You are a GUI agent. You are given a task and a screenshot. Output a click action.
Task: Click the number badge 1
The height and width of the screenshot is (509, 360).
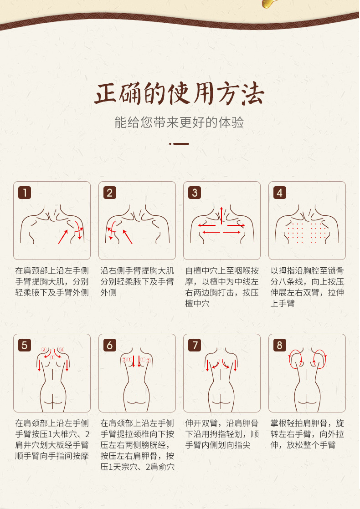[x=24, y=193]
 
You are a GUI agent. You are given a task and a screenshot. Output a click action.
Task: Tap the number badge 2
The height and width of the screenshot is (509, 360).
[x=109, y=193]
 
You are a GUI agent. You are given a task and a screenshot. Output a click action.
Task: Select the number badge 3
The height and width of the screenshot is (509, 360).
[x=195, y=193]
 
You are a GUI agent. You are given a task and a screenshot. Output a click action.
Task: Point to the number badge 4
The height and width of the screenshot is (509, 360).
[x=280, y=193]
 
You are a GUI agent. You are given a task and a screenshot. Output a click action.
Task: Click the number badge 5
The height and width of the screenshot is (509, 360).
[x=24, y=345]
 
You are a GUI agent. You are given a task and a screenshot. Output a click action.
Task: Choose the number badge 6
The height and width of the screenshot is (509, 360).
[x=109, y=345]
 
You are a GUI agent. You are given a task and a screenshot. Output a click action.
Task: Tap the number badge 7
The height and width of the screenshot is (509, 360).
[x=195, y=345]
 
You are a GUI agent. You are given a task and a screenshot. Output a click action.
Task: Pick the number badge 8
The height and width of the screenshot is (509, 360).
[x=280, y=345]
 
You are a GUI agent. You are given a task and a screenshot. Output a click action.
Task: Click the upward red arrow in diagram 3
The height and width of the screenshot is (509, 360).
[x=221, y=215]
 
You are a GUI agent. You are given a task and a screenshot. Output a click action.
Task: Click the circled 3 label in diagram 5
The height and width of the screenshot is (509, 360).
[x=62, y=350]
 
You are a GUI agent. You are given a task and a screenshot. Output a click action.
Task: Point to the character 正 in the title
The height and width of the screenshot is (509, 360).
[x=106, y=94]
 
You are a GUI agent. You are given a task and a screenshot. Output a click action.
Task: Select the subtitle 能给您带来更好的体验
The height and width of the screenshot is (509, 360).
[x=180, y=122]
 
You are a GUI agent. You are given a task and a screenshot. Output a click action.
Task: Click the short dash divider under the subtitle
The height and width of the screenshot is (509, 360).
[x=180, y=143]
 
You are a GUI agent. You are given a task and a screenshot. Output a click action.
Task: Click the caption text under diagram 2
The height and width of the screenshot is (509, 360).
[x=137, y=281]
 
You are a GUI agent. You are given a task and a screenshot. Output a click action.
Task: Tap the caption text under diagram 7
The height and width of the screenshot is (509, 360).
[x=222, y=434]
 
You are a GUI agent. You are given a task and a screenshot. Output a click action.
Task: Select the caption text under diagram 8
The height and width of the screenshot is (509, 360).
[x=307, y=434]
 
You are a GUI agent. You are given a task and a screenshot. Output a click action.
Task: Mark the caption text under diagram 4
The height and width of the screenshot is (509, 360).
[x=307, y=287]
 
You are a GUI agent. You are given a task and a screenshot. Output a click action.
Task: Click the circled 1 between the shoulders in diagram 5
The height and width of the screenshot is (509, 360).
[x=53, y=357]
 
